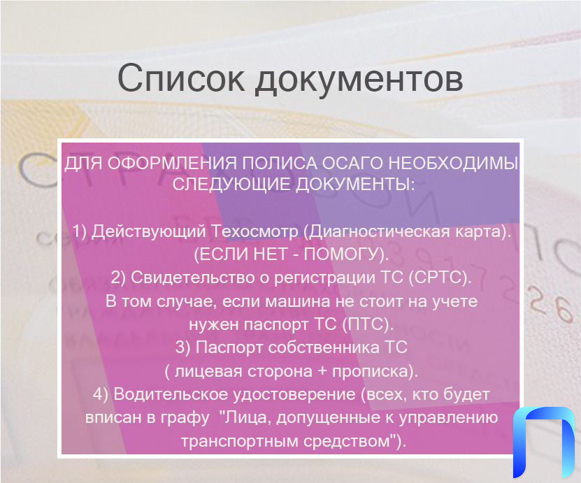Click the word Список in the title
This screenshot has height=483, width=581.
pos(180,78)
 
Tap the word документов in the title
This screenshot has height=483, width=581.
pos(359,80)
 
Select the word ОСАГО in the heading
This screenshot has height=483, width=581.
pos(354,163)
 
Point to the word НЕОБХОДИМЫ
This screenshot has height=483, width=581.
pos(454,163)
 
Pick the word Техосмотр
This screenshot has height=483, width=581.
pos(254,231)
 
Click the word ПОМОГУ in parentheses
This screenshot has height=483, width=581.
pos(343,254)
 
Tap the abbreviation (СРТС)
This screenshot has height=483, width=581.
pos(440,277)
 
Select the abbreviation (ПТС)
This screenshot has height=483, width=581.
pos(367,324)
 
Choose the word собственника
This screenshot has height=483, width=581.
pos(324,348)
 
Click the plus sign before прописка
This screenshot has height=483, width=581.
pos(322,371)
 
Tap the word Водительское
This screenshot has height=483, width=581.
pos(171,394)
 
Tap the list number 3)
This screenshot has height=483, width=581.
pos(183,348)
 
